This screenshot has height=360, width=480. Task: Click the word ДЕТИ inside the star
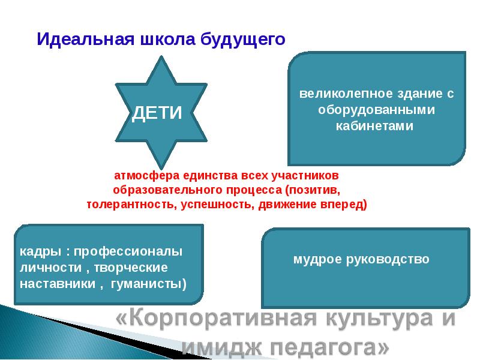[157, 112]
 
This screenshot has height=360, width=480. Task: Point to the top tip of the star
[159, 58]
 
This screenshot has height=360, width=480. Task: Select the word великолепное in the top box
[338, 94]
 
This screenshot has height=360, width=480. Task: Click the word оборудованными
[376, 110]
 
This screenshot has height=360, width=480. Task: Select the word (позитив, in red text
[312, 190]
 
